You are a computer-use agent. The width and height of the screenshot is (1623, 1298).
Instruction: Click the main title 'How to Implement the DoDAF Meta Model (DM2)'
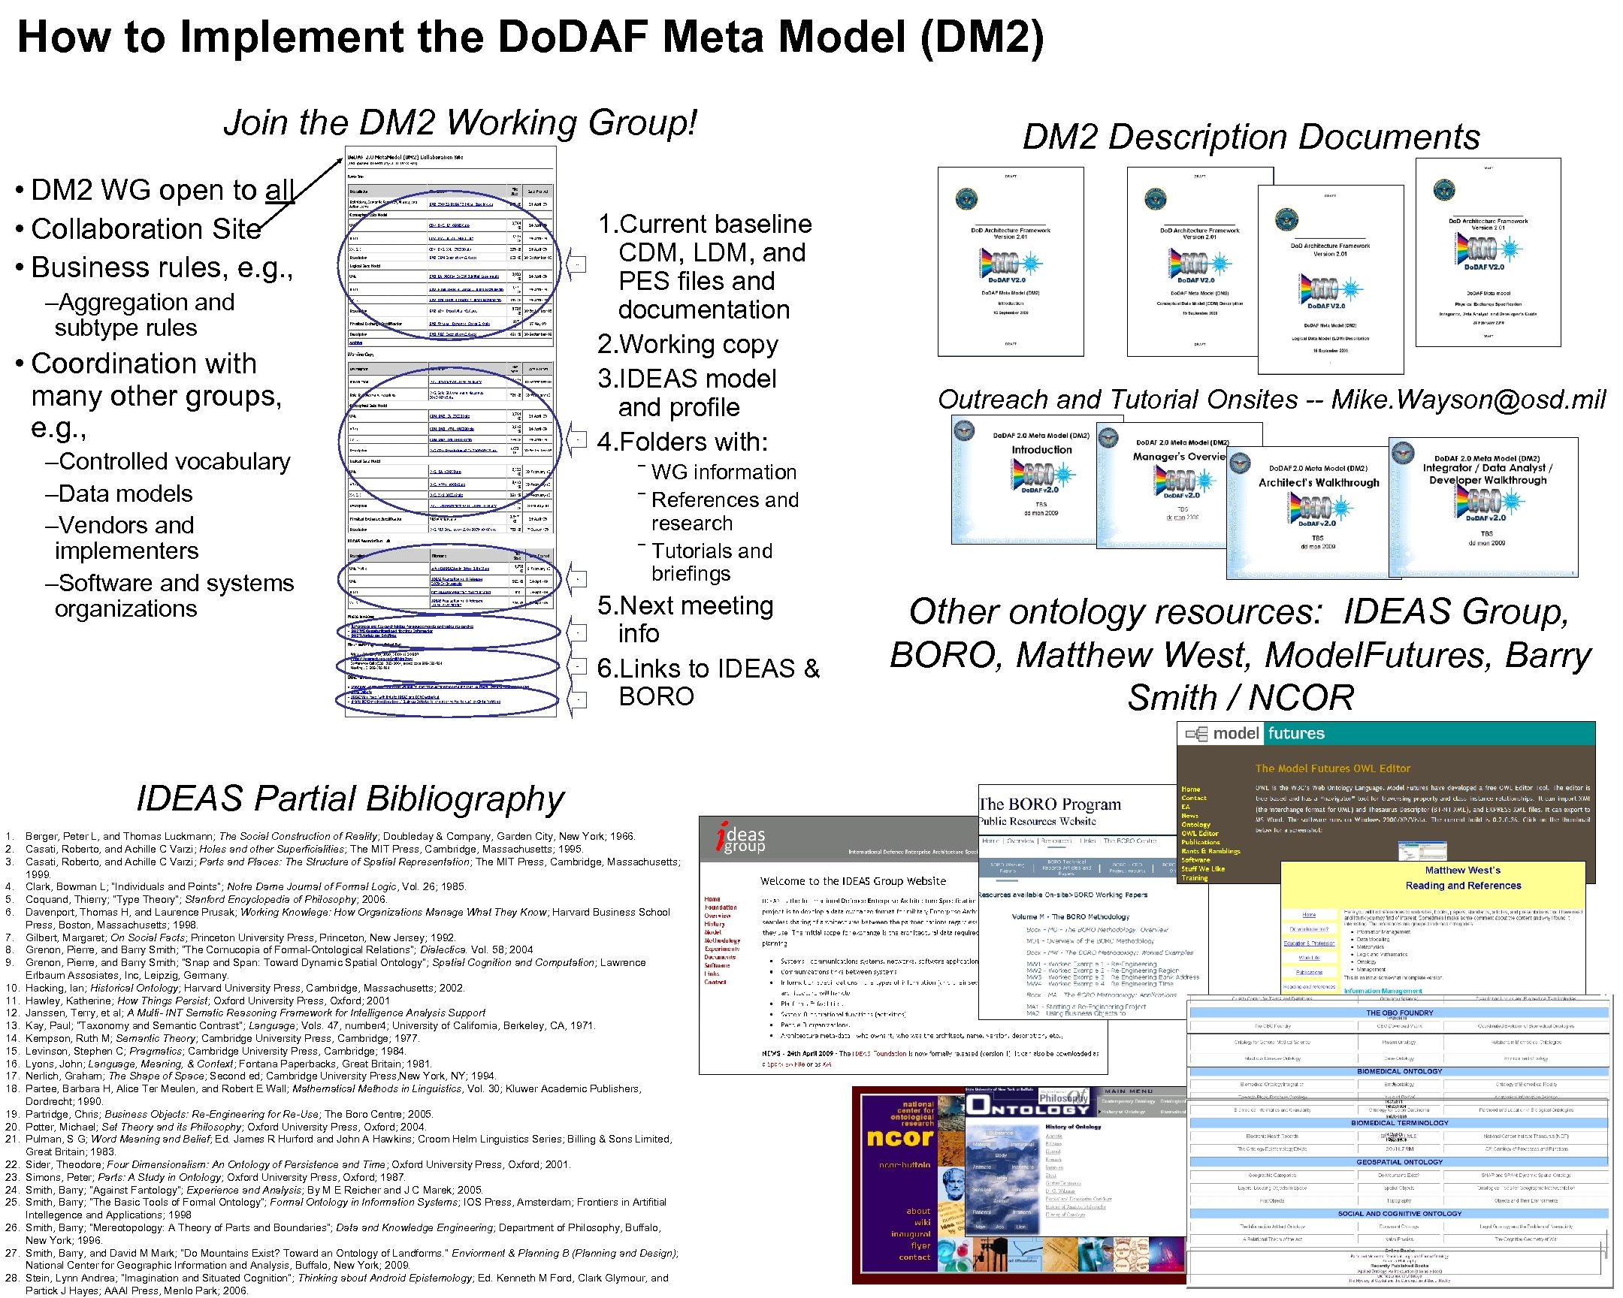pos(530,38)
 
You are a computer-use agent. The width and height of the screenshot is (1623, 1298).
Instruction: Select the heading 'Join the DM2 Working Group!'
pos(460,122)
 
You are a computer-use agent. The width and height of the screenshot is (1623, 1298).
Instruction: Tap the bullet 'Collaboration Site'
pos(146,229)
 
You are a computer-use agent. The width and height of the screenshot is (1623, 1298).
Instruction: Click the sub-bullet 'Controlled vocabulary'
pos(174,461)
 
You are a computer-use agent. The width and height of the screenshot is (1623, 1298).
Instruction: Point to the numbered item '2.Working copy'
pos(688,344)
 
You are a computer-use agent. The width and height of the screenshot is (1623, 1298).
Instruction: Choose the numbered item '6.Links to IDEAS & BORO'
pos(708,682)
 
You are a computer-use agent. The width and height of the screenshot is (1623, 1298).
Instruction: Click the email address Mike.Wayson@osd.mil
pos(1468,400)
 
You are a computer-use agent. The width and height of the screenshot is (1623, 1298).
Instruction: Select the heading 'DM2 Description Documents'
pos(1250,137)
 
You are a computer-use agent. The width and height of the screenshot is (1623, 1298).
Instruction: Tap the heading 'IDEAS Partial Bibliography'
pos(350,798)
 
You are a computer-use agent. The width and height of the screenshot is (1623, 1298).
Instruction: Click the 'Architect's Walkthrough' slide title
pos(1319,483)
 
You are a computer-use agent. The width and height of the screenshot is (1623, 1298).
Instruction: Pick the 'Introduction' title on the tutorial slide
pos(1041,450)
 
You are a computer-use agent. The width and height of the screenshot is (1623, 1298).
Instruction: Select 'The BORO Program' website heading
pos(1050,804)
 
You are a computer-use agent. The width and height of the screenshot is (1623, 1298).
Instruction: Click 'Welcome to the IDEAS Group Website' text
pos(853,881)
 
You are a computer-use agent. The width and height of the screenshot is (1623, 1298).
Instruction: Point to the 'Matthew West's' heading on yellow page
pos(1462,871)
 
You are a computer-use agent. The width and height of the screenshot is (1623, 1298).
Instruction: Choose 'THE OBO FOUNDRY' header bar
pos(1399,1013)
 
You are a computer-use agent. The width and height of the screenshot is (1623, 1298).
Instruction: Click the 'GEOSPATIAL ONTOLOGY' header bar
pos(1399,1162)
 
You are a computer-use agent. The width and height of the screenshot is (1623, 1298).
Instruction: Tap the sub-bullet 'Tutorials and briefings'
pos(712,562)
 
